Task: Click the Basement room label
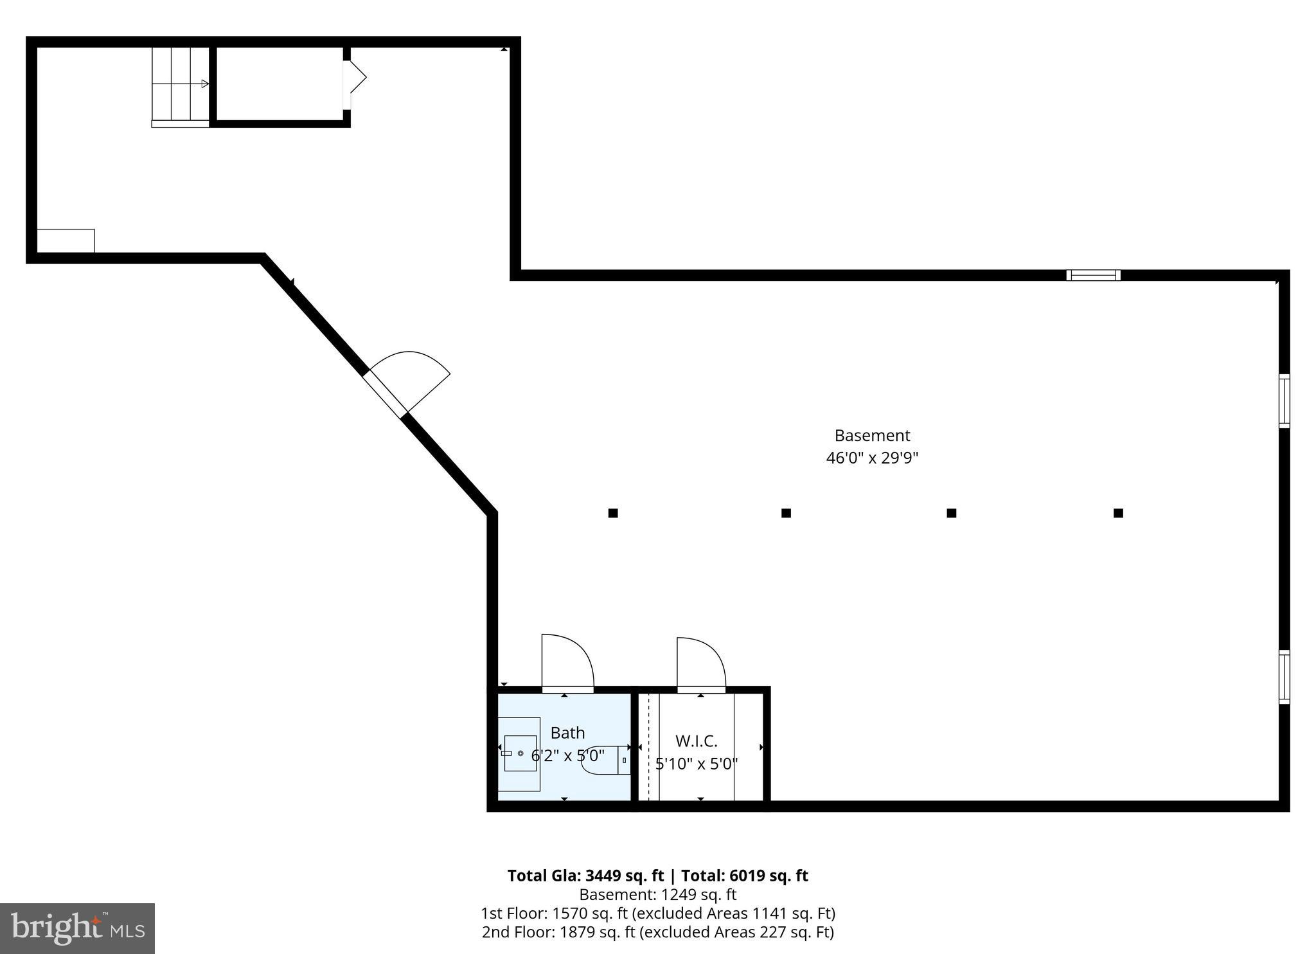coord(872,435)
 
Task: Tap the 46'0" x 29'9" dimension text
coord(872,458)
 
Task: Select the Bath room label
coord(567,733)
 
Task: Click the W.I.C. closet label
coord(696,741)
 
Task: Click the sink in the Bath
coord(520,753)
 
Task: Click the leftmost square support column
coord(613,513)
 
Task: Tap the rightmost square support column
coord(1118,513)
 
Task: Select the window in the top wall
coord(1093,275)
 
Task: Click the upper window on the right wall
coord(1283,401)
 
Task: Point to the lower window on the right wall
coord(1283,677)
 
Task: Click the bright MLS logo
coord(77,928)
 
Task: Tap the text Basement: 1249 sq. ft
coord(657,895)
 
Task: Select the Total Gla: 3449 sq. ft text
coord(585,876)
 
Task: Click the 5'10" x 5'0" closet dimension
coord(696,764)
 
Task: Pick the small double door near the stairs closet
coord(353,78)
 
